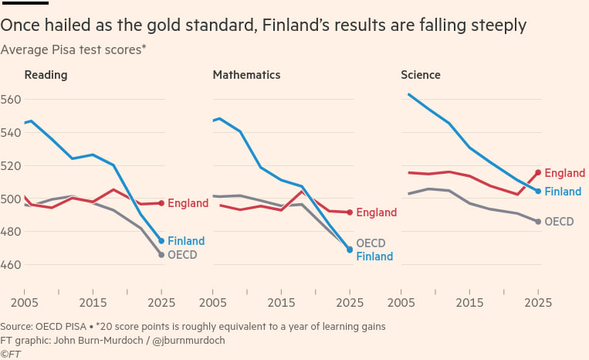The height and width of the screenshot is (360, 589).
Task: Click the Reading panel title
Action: [x=46, y=75]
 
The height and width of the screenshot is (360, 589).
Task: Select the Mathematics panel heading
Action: [x=246, y=75]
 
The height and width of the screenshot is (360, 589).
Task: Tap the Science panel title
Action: [x=421, y=75]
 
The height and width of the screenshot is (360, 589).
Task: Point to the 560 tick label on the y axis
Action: [x=10, y=100]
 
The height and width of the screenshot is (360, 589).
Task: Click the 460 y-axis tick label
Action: [x=10, y=264]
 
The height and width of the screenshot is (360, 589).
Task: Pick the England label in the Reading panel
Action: [x=188, y=203]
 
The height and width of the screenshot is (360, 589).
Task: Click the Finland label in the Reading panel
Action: [x=186, y=241]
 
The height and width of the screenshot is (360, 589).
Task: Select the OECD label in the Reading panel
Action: [x=182, y=255]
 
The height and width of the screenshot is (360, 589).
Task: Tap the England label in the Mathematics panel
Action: [x=377, y=212]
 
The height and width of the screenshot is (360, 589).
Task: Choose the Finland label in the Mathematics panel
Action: [x=374, y=256]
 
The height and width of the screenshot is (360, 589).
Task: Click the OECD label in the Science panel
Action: [x=559, y=222]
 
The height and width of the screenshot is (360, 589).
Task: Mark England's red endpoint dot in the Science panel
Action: [x=538, y=172]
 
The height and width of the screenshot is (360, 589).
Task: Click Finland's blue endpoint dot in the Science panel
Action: [x=538, y=192]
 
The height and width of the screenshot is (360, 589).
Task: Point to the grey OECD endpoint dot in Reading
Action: [x=161, y=255]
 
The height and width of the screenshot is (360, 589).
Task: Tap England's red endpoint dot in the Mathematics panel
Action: [x=350, y=212]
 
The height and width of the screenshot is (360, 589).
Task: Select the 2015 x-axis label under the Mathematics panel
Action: [x=281, y=303]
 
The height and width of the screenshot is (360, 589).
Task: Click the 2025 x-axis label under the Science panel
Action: [x=538, y=303]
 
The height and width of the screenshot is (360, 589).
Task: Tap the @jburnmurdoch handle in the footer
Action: [x=188, y=341]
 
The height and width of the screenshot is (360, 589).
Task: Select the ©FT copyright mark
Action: [x=11, y=354]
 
